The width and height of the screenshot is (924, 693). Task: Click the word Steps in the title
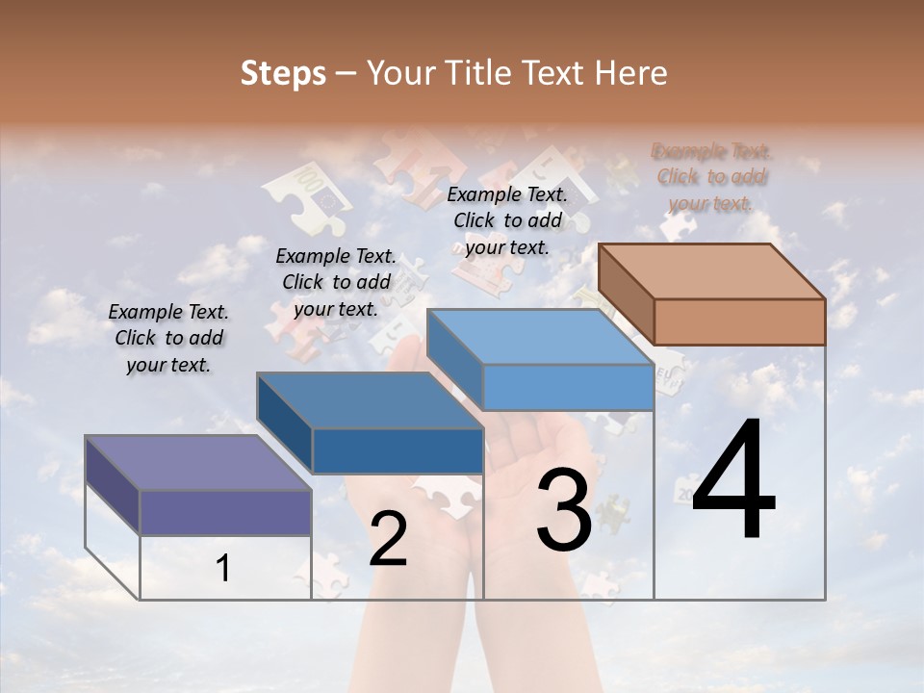(283, 73)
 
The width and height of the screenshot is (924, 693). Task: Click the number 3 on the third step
(564, 510)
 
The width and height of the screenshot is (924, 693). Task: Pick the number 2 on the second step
(388, 539)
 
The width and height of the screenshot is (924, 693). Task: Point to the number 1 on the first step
(223, 569)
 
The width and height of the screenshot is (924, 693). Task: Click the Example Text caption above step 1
(168, 338)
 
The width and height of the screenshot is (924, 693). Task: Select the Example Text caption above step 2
(336, 282)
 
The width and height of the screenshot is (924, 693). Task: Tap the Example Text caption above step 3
(507, 220)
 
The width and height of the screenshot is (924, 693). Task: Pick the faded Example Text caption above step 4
(711, 177)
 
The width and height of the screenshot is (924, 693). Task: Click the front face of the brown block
(739, 321)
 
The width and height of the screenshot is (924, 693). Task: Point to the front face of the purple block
(225, 512)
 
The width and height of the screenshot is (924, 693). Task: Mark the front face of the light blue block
(568, 387)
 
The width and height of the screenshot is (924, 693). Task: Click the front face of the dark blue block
(398, 450)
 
